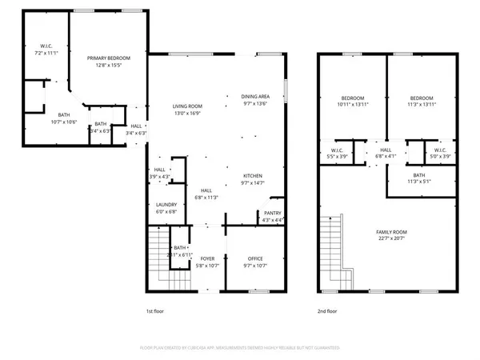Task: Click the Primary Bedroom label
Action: (x=108, y=58)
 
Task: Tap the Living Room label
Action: (x=188, y=106)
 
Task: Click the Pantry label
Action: (x=272, y=212)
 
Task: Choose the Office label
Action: (x=254, y=259)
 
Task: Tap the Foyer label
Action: (x=207, y=259)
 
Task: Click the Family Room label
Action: (x=392, y=231)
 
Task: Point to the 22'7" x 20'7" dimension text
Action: (x=392, y=238)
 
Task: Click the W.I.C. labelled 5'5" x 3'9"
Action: (x=338, y=153)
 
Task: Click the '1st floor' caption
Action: (x=156, y=310)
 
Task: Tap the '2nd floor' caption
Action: (x=327, y=310)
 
